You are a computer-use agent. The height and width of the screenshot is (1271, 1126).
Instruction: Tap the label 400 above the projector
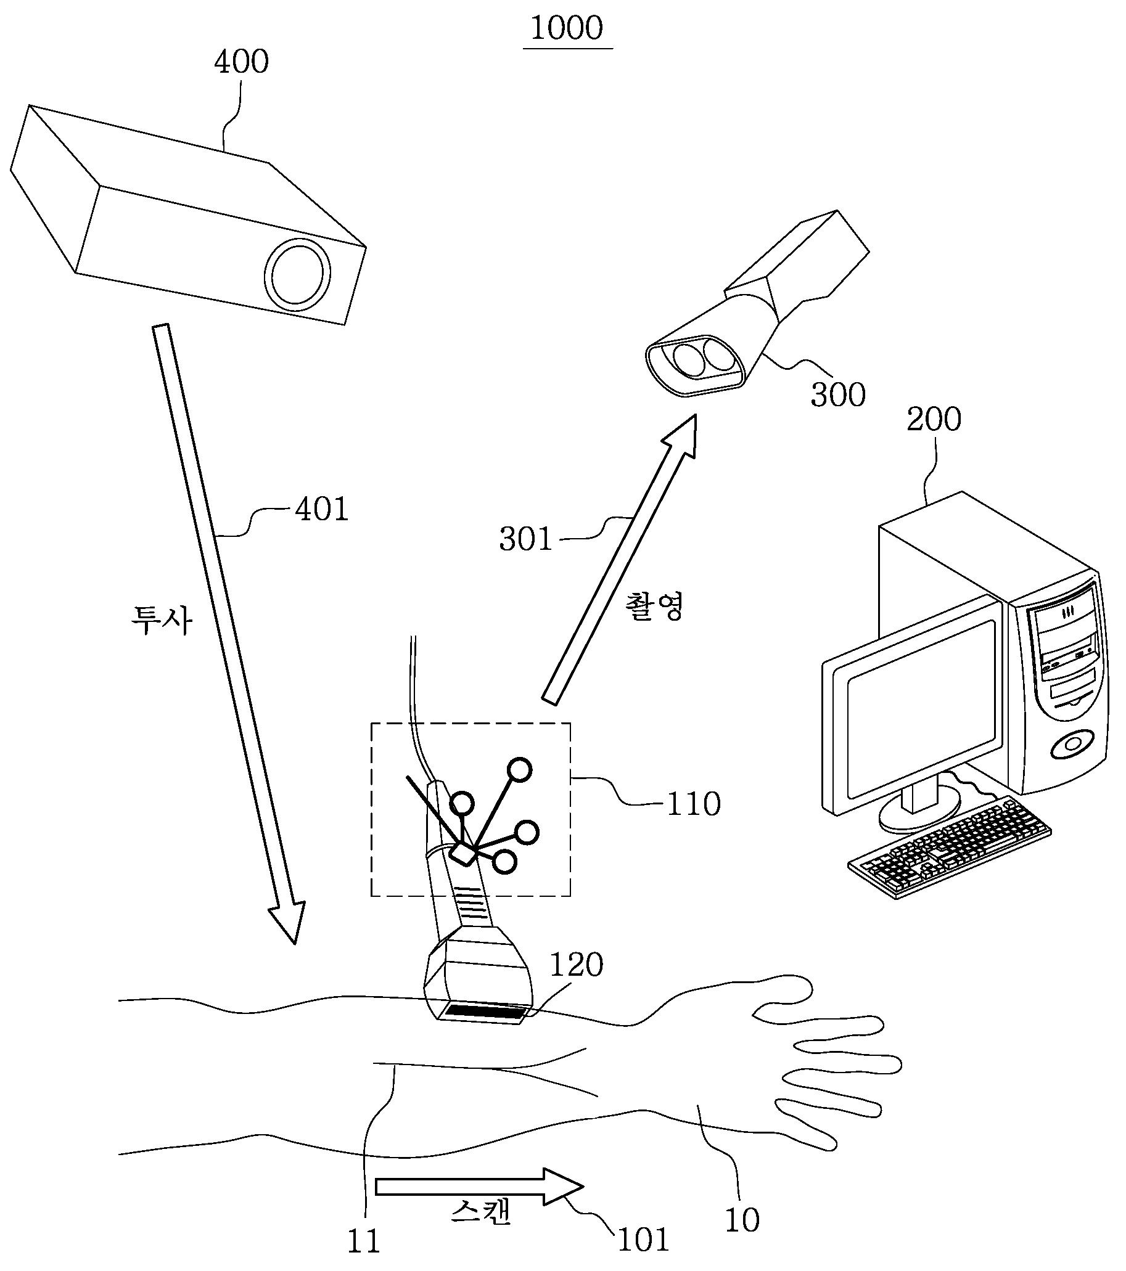[x=241, y=62]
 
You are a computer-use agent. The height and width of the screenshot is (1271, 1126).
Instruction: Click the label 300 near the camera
[x=838, y=395]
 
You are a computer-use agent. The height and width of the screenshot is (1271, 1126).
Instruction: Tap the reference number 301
[x=525, y=539]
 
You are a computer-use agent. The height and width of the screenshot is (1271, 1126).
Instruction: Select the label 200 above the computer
[x=934, y=419]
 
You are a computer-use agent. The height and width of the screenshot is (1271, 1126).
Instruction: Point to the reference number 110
[x=694, y=804]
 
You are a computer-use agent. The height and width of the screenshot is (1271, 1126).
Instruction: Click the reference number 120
[x=576, y=966]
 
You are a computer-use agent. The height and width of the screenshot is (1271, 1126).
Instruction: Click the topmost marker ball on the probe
[x=520, y=771]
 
